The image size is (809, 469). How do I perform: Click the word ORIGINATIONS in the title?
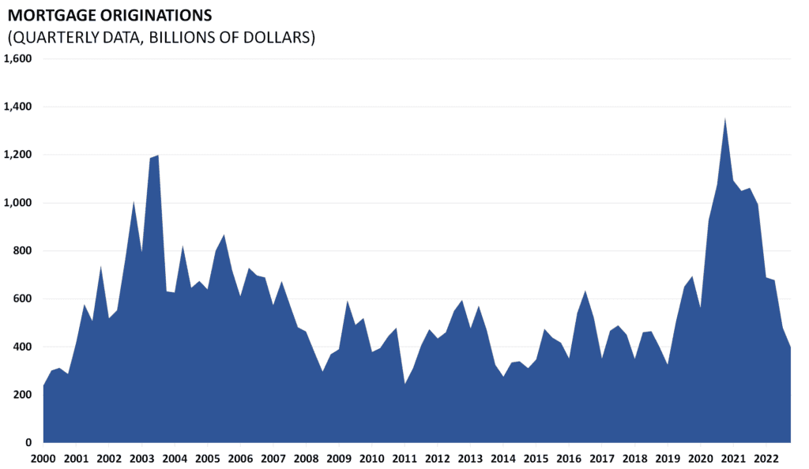[153, 15]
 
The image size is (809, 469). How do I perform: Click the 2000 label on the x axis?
[43, 459]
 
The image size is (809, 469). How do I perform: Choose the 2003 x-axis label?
[141, 459]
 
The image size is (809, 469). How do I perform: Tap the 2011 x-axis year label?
[404, 459]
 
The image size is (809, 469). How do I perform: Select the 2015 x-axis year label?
[536, 459]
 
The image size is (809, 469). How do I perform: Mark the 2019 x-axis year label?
[668, 459]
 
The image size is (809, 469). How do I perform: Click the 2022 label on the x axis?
[766, 459]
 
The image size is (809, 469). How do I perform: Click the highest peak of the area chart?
[725, 119]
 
